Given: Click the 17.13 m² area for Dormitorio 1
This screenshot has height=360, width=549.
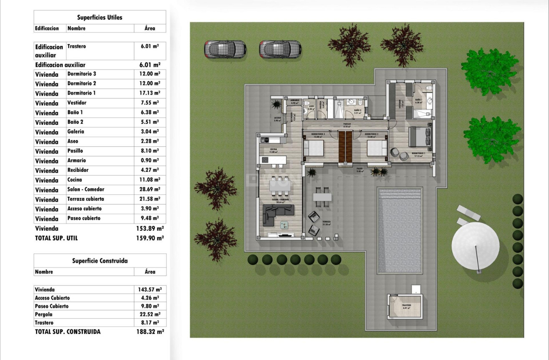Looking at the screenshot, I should coord(150,93).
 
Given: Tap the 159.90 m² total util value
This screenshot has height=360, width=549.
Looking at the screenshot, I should coord(151,238).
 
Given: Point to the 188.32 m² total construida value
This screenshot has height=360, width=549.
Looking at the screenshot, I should coord(151,332).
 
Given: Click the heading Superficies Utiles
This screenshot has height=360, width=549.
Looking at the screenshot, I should coord(99,18).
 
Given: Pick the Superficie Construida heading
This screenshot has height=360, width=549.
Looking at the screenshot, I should coord(100,261).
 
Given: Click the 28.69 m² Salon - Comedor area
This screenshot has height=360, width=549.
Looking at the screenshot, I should coord(150,189).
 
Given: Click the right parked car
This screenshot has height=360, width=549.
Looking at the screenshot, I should coord(280,49).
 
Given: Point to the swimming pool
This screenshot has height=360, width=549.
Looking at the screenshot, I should coord(400,231).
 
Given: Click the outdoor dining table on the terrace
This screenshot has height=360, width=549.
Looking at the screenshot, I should coord(322,196).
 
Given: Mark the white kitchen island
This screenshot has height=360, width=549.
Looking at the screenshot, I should coord(273,160).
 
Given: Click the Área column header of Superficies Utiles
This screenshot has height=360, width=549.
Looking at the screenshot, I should coord(150,28).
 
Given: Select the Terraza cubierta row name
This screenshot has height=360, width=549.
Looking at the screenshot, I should coord(86,199).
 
